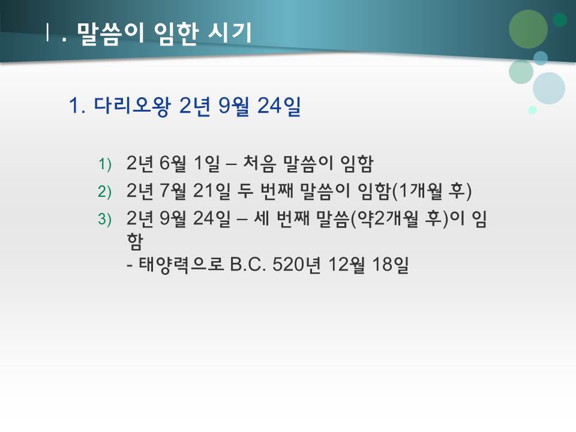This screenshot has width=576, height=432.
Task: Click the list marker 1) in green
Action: coord(105,164)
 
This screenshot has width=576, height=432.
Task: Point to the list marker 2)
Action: coord(105,191)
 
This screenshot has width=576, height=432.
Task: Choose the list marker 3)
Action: coord(105,220)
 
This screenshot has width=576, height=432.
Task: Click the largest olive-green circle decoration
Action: coord(528,29)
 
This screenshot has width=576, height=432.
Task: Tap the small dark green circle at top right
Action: coord(560,20)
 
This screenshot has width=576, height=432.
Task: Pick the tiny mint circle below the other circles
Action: coord(532,110)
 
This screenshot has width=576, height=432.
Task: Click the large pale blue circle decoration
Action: coord(548,88)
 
